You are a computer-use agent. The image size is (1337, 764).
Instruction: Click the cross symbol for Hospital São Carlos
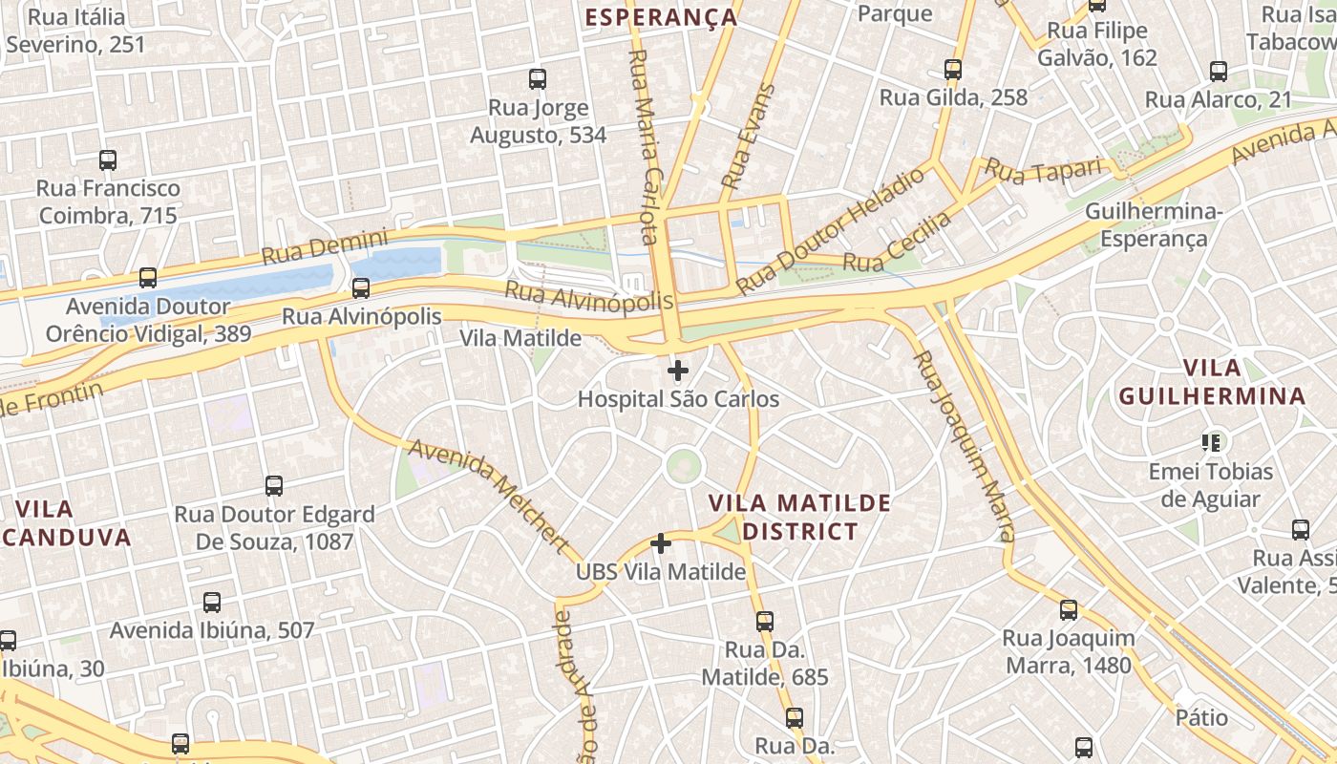(678, 371)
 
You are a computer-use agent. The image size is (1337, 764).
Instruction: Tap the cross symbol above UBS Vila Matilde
(660, 544)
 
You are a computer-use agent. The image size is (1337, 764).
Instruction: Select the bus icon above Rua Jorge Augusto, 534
(538, 79)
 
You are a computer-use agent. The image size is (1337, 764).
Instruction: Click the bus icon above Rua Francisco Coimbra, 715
(108, 160)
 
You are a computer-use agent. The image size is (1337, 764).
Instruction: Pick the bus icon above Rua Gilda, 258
(952, 70)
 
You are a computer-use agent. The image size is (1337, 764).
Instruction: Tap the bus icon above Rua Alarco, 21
(1219, 72)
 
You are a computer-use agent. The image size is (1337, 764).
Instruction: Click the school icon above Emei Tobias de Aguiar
(1211, 442)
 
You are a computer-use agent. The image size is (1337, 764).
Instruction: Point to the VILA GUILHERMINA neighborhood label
(1211, 382)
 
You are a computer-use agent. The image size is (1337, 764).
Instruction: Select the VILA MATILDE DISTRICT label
(800, 517)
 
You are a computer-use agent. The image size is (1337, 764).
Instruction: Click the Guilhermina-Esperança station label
(1154, 225)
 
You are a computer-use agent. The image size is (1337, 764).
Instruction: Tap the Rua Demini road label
(325, 246)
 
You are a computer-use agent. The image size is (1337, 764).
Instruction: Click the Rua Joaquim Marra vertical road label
(965, 446)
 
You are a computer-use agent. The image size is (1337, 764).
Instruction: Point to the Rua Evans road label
(748, 138)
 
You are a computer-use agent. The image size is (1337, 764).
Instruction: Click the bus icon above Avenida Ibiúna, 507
(212, 603)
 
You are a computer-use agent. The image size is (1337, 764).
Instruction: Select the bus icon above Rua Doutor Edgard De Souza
(274, 486)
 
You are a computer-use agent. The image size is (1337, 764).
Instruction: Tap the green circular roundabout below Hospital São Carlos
(683, 466)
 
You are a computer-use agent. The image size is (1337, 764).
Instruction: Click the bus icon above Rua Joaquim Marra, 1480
(1069, 610)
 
